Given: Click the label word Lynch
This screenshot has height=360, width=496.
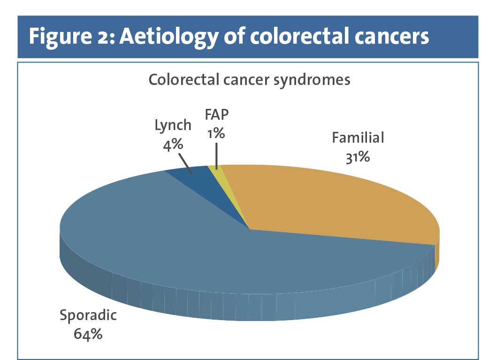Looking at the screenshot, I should (173, 125).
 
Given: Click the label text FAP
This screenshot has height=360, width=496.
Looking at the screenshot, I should (217, 115).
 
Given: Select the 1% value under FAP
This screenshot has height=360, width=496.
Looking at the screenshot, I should (216, 133).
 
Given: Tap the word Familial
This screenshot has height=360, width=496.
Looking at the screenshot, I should (358, 138).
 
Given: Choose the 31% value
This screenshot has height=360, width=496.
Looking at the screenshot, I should (357, 157).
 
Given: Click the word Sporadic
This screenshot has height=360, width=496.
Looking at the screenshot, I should (88, 315).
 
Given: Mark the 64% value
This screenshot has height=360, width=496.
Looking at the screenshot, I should (88, 335).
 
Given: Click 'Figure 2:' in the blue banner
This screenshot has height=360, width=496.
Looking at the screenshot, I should (71, 37).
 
